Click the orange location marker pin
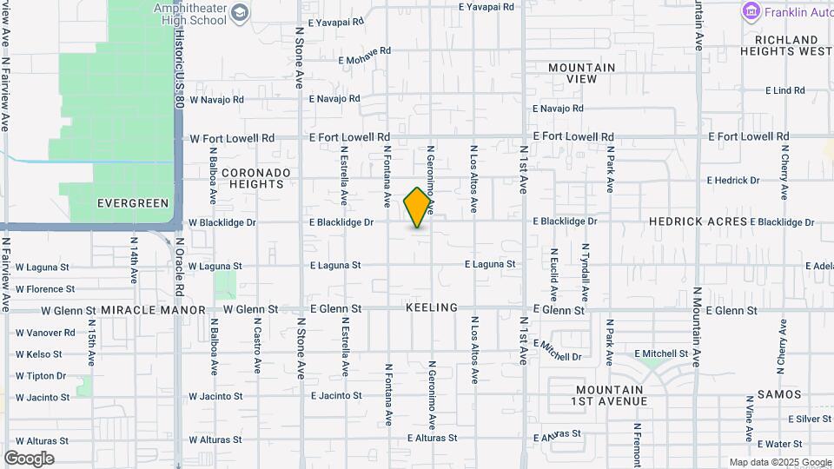pos(418,208)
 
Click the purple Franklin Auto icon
pos(751,11)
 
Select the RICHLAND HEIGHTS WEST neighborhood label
pos(786,45)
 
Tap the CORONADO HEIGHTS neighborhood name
pos(253,178)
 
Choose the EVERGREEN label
pos(132,203)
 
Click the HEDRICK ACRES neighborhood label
pos(698,221)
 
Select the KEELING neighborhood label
pos(431,308)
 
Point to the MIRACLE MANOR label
pos(153,310)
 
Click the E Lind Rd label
pos(784,90)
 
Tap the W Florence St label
pos(44,289)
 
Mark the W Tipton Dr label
pos(40,376)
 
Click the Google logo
pos(29,458)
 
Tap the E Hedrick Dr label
pos(732,181)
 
